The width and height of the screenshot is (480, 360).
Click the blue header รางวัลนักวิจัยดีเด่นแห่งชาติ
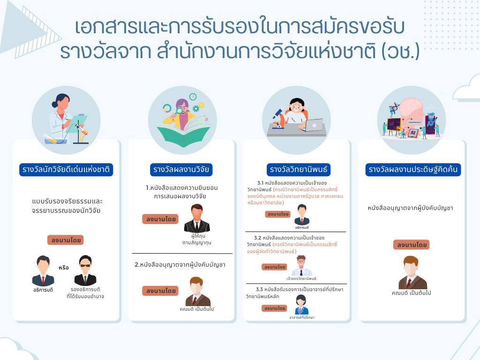coord(66,170)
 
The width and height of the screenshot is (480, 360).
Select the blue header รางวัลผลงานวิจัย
coord(181,170)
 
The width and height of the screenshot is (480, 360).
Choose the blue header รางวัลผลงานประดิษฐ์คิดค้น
coord(413,170)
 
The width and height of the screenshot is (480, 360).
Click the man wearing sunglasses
coord(85,270)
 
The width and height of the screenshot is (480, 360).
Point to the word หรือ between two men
coord(64,268)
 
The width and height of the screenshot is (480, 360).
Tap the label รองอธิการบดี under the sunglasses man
coord(85,289)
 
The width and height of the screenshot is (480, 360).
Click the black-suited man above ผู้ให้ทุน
coord(197,218)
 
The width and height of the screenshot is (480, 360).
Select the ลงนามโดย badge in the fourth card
coord(412,245)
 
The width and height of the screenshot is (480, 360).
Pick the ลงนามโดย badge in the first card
coord(66,240)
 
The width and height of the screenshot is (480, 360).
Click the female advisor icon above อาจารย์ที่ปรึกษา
coord(301,305)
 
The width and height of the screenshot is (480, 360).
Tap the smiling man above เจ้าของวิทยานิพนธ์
coord(301,266)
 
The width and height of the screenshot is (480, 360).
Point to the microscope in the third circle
coord(278,118)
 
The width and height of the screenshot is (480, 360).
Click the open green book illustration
coord(183,132)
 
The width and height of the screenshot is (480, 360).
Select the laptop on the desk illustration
coord(314,125)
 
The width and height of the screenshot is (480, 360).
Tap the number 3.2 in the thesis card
coord(257,238)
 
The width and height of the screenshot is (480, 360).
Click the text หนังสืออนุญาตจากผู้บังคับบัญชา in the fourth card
coord(410,208)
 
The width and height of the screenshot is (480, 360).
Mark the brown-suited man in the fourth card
coord(412,272)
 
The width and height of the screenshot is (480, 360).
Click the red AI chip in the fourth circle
coord(412,133)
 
